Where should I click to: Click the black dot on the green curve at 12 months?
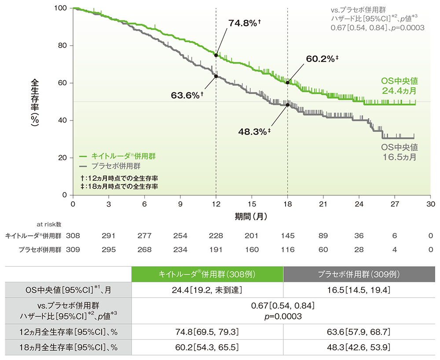click(x=216, y=55)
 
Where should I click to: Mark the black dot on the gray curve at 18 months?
click(x=288, y=105)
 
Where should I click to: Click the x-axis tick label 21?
click(x=323, y=204)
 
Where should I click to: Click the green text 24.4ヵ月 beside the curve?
click(x=399, y=91)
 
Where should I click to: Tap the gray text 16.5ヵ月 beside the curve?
click(x=399, y=156)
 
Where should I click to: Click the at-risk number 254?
click(x=180, y=236)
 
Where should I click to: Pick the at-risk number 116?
click(x=288, y=250)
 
